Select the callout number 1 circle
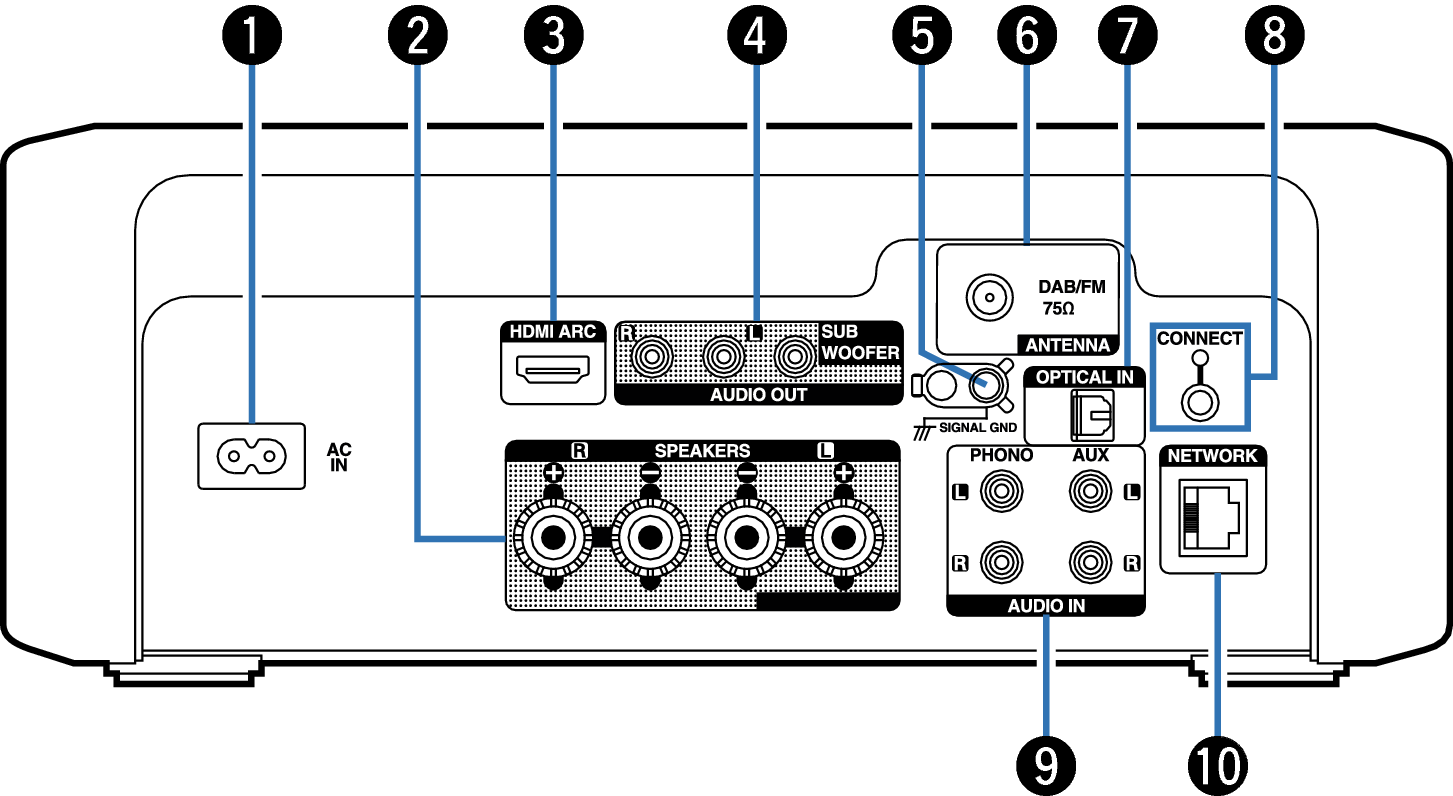(x=251, y=37)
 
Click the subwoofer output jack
(x=795, y=354)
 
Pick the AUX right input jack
(x=1089, y=562)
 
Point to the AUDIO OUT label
(x=757, y=395)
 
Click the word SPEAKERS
(x=702, y=451)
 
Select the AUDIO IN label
(x=1045, y=606)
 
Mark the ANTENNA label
(x=1068, y=345)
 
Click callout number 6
(x=1026, y=37)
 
